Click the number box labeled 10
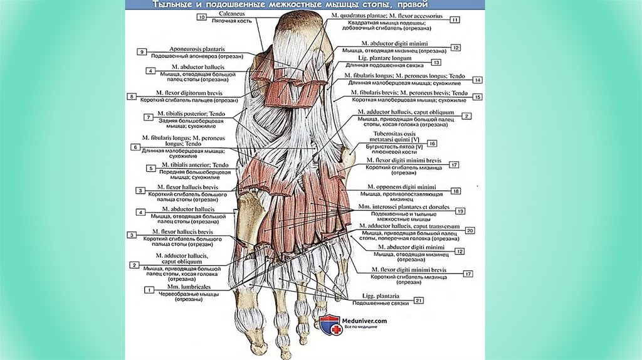click(x=201, y=17)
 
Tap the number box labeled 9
click(x=142, y=51)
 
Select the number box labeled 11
click(x=455, y=19)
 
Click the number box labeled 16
click(x=432, y=143)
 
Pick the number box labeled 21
click(x=419, y=300)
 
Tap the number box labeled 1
click(x=149, y=290)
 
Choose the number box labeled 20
click(x=470, y=230)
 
